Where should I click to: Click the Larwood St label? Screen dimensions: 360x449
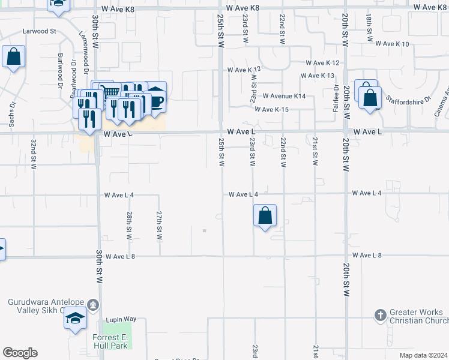(x=39, y=30)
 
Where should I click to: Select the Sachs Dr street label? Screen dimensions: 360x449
(x=11, y=113)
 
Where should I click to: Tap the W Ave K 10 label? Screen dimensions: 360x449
(x=392, y=44)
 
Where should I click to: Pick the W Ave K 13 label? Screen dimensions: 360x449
(x=319, y=76)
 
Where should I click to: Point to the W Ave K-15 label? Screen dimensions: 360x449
(x=271, y=109)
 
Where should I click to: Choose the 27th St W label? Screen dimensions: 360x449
(x=159, y=225)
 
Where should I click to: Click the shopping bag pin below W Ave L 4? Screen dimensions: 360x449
(x=265, y=215)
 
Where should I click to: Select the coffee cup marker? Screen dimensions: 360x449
(x=155, y=99)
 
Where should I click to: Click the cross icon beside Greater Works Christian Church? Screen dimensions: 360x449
(x=379, y=314)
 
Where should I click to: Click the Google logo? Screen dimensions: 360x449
(x=20, y=353)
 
